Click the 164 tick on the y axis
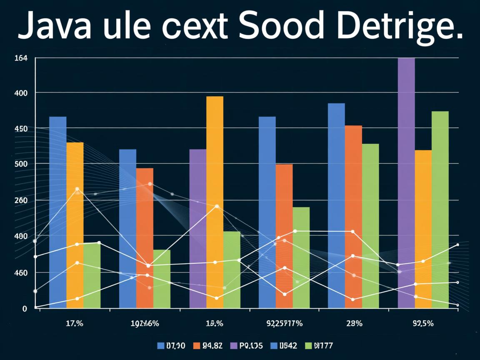click(x=21, y=58)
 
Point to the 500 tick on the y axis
click(x=21, y=164)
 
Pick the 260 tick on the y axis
click(x=21, y=200)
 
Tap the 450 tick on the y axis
click(x=21, y=129)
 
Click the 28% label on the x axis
click(x=354, y=323)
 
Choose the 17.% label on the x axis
click(x=75, y=323)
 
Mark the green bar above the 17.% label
click(x=92, y=275)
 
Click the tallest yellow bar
click(x=215, y=202)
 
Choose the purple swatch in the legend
click(x=233, y=345)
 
